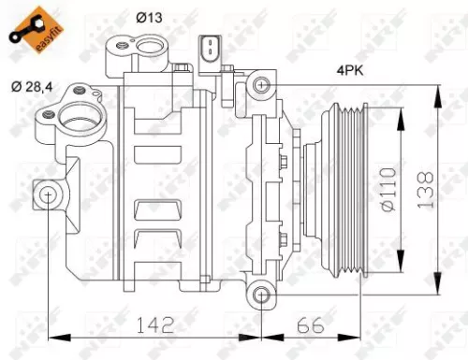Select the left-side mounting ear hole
click(x=47, y=194)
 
